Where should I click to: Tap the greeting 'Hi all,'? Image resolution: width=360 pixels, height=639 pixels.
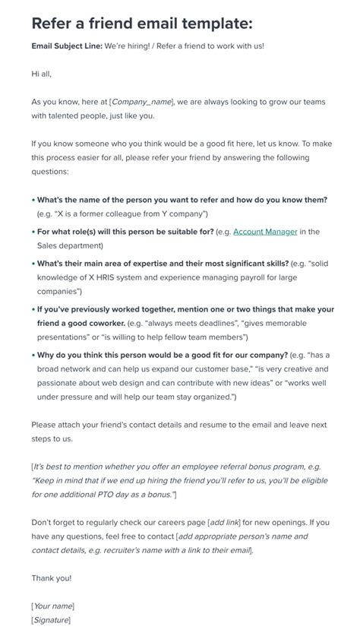coord(42,74)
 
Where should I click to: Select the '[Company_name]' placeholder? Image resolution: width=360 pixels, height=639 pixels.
coord(142,101)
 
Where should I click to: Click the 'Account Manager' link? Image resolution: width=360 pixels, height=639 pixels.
coord(265,232)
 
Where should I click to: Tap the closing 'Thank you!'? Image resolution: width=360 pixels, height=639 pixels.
coord(52,577)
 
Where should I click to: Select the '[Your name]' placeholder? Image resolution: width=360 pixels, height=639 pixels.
coord(53,606)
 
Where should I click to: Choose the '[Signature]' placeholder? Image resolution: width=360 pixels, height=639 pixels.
coord(51,619)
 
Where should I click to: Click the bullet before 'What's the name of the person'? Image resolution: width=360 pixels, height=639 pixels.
coord(33,200)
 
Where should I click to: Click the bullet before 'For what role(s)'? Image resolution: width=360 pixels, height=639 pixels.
coord(33,232)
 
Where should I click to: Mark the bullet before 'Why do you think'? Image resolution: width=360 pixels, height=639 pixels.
coord(33,355)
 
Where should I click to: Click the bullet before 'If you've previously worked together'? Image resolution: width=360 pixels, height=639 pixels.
coord(33,309)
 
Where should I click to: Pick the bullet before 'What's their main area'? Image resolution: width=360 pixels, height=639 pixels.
coord(33,264)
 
